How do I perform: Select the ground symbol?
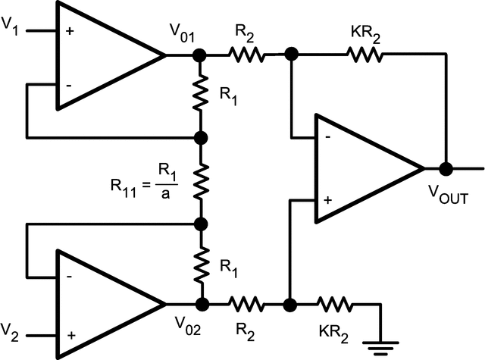[x=379, y=344]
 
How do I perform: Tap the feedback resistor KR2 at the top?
[x=365, y=55]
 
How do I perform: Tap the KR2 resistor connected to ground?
[x=334, y=305]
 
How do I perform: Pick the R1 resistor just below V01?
[x=201, y=95]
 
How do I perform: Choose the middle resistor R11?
[x=201, y=180]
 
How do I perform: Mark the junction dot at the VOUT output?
[x=446, y=169]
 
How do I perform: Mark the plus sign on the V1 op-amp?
[x=69, y=32]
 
